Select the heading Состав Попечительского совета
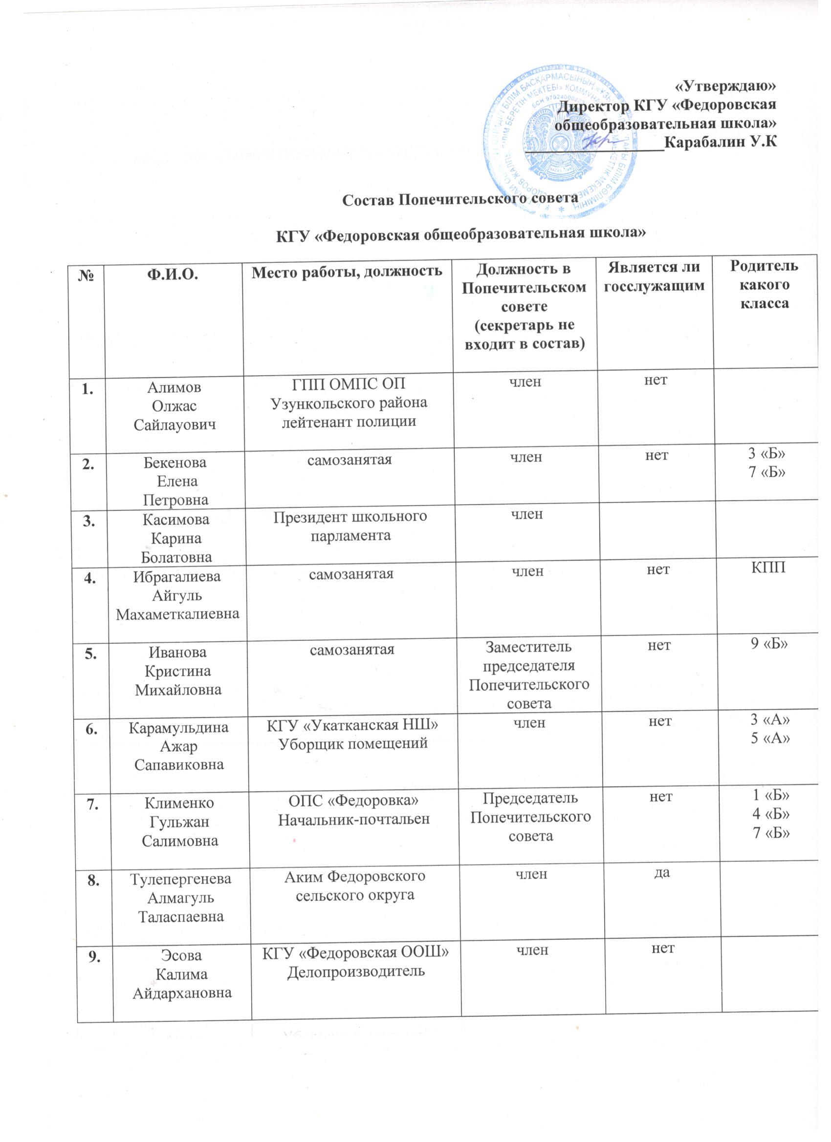point(459,199)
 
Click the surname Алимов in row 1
point(174,387)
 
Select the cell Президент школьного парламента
point(350,525)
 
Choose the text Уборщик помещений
point(353,741)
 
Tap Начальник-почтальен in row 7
point(354,819)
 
